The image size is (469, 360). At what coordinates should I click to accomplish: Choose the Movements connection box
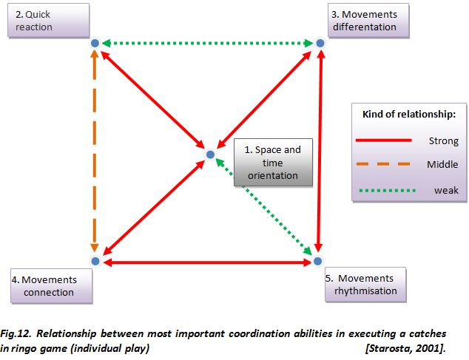coord(53,285)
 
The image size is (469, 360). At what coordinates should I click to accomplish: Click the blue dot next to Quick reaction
coord(95,44)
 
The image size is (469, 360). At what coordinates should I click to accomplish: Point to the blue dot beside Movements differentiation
coord(320,44)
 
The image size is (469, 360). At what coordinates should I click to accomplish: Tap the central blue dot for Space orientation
coord(210,154)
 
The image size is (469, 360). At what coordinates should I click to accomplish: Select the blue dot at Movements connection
coord(95,261)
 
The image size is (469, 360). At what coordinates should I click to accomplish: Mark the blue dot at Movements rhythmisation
coord(317,261)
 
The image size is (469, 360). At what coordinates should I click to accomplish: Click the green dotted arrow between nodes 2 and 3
coord(207,44)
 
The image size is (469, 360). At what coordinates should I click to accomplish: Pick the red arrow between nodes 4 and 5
coord(206,262)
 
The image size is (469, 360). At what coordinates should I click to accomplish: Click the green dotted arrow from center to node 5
coord(266,210)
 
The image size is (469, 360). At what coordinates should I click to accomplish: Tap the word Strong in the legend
coord(443,140)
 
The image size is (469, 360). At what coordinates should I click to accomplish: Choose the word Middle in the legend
coord(442,164)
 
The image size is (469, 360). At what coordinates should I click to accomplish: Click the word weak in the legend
coord(446,190)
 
